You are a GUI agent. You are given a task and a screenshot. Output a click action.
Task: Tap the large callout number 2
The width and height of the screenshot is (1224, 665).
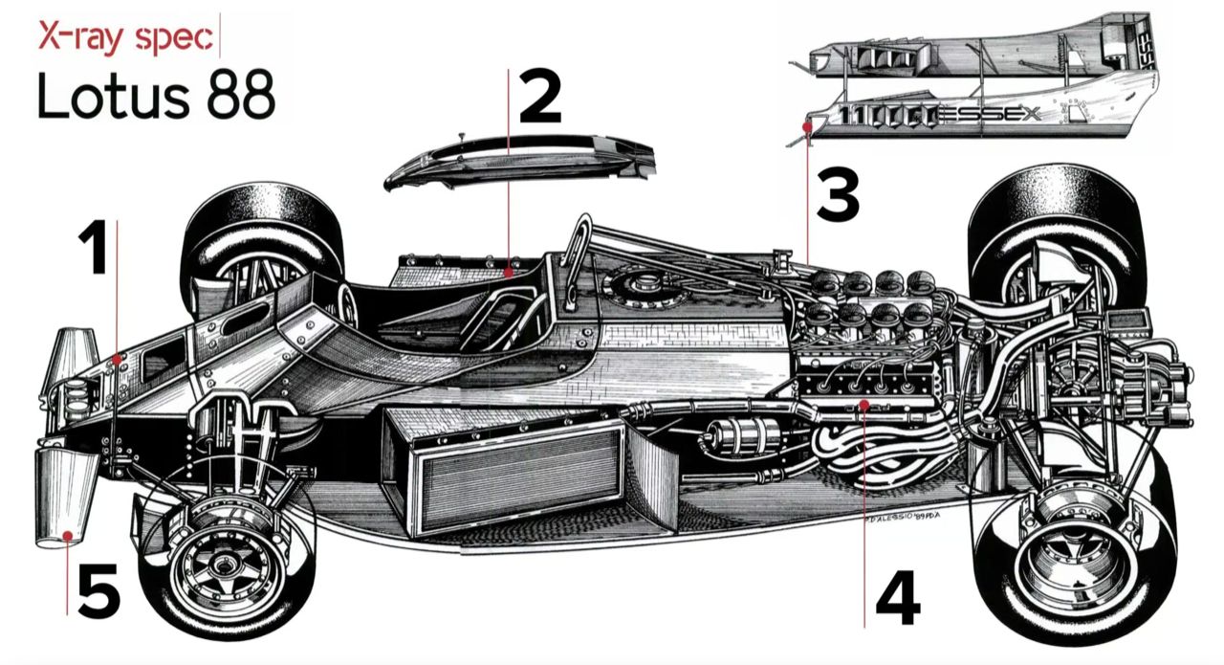point(540,99)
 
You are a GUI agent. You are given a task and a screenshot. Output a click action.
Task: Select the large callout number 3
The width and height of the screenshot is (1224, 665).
point(837,195)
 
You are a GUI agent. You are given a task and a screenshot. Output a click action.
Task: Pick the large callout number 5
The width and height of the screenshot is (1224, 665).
point(98,591)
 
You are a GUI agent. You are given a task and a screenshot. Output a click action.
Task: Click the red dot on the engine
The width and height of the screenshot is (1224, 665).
point(863,406)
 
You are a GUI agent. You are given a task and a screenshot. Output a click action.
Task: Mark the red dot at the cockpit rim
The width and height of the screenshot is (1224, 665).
point(509,273)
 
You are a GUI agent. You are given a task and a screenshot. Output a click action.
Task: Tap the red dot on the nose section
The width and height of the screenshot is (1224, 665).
point(117,359)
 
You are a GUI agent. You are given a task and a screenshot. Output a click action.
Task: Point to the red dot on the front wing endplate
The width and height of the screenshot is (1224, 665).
point(68,537)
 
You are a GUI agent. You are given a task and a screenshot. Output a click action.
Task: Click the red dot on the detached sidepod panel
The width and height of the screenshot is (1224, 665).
point(808,125)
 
